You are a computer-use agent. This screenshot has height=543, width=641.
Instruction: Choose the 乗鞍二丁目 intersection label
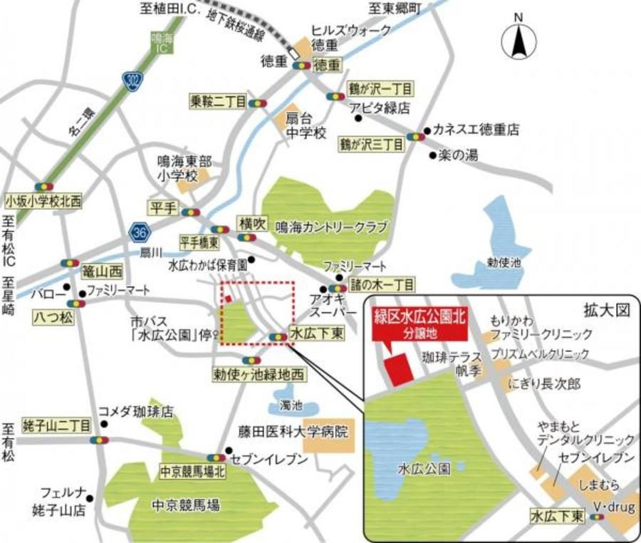click(x=217, y=102)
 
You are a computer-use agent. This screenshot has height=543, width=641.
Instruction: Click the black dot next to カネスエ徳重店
click(x=427, y=130)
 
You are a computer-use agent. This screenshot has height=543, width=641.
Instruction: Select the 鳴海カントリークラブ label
click(x=330, y=228)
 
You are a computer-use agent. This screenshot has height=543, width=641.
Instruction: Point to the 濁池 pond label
click(x=291, y=405)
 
